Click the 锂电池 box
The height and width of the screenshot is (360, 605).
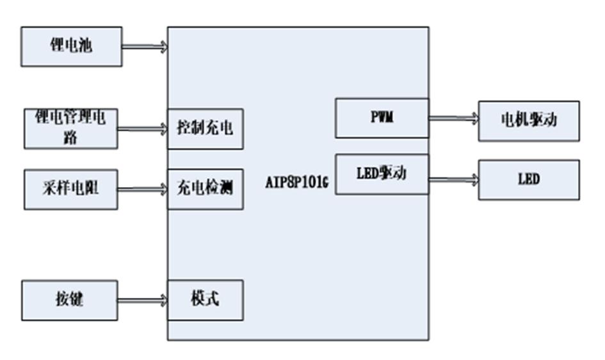71,46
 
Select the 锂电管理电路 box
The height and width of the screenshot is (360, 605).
71,128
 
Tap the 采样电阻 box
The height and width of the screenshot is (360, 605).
71,189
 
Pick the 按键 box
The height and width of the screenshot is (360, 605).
70,300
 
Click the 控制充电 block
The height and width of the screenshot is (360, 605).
205,129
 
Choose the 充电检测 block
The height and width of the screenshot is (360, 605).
205,189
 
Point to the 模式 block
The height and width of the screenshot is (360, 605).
205,300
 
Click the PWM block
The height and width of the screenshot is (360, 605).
382,118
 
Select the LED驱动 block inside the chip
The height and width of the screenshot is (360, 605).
382,174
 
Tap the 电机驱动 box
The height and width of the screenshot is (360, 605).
529,120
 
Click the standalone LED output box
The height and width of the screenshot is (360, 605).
529,179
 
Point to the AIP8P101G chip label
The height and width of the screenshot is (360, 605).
296,181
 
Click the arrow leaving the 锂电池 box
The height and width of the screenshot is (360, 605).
145,47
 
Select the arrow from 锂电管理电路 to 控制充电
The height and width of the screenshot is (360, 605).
142,129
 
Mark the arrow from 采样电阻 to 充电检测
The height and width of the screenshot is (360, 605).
142,189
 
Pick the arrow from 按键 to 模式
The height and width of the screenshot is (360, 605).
142,300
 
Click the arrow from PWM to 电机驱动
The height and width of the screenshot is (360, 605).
453,118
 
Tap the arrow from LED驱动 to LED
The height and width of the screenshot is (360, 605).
453,179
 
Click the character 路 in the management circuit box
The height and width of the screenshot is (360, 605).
71,136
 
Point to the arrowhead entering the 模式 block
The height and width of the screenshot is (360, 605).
163,300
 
